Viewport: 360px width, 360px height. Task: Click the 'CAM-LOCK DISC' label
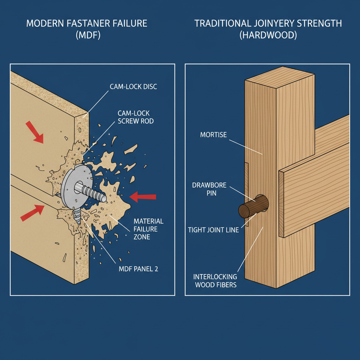coord(134,86)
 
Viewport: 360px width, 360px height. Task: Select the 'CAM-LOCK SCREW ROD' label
coord(134,117)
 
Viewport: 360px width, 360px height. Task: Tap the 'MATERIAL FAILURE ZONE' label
coord(148,229)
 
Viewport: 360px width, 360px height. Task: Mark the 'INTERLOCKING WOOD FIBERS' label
coord(216,280)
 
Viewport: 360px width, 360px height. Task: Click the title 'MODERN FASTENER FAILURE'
coord(87,24)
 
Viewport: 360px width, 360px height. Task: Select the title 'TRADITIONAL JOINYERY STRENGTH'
coord(268,24)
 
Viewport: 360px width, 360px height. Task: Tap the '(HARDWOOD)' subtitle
coord(268,36)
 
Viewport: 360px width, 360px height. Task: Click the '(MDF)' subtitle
coord(87,36)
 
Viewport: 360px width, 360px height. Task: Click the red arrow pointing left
coord(143,197)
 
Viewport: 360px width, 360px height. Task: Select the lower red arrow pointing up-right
coord(32,213)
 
